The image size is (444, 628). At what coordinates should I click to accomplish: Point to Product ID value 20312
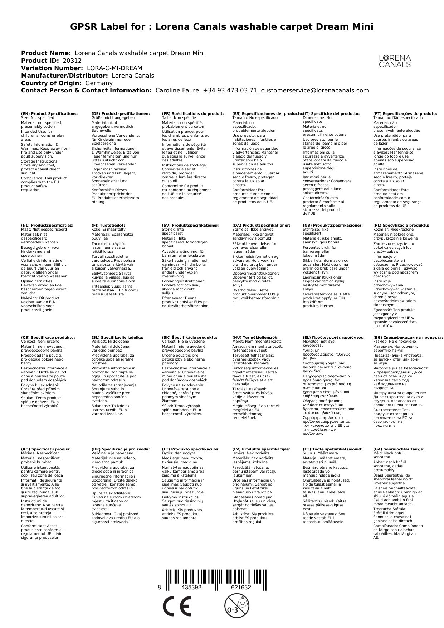pyautogui.click(x=72, y=61)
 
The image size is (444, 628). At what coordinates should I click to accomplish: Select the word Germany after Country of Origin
pyautogui.click(x=99, y=83)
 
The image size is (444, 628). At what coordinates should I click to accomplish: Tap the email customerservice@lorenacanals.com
pyautogui.click(x=315, y=91)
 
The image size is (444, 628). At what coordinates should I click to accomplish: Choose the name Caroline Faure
pyautogui.click(x=177, y=91)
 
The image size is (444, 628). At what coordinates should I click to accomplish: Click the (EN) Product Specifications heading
pyautogui.click(x=49, y=114)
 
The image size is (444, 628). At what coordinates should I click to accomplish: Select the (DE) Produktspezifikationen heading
pyautogui.click(x=121, y=114)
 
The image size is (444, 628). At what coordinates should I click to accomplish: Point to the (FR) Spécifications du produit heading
pyautogui.click(x=193, y=114)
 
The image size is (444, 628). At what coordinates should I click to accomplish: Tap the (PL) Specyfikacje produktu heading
pyautogui.click(x=401, y=226)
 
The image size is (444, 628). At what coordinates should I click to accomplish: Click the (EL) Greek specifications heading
pyautogui.click(x=333, y=337)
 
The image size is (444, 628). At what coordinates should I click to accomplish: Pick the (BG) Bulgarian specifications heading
pyautogui.click(x=408, y=337)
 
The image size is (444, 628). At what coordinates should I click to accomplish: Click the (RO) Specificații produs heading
pyautogui.click(x=46, y=449)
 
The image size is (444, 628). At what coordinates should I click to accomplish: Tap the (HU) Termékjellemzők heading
pyautogui.click(x=257, y=337)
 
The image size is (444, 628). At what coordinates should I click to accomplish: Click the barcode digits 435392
pyautogui.click(x=191, y=588)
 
